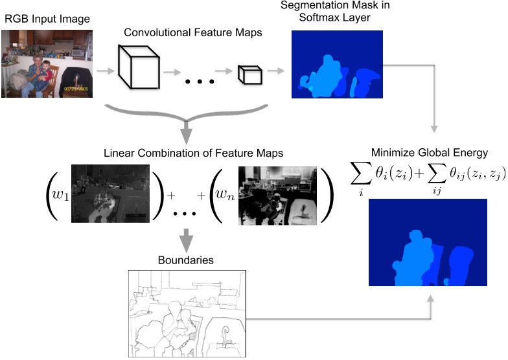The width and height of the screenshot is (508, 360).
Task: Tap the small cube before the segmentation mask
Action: pyautogui.click(x=249, y=74)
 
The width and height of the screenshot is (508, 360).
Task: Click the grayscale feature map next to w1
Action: pyautogui.click(x=110, y=193)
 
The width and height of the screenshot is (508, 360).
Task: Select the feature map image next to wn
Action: pyautogui.click(x=277, y=195)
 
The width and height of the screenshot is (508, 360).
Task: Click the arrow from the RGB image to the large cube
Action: pyautogui.click(x=104, y=68)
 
